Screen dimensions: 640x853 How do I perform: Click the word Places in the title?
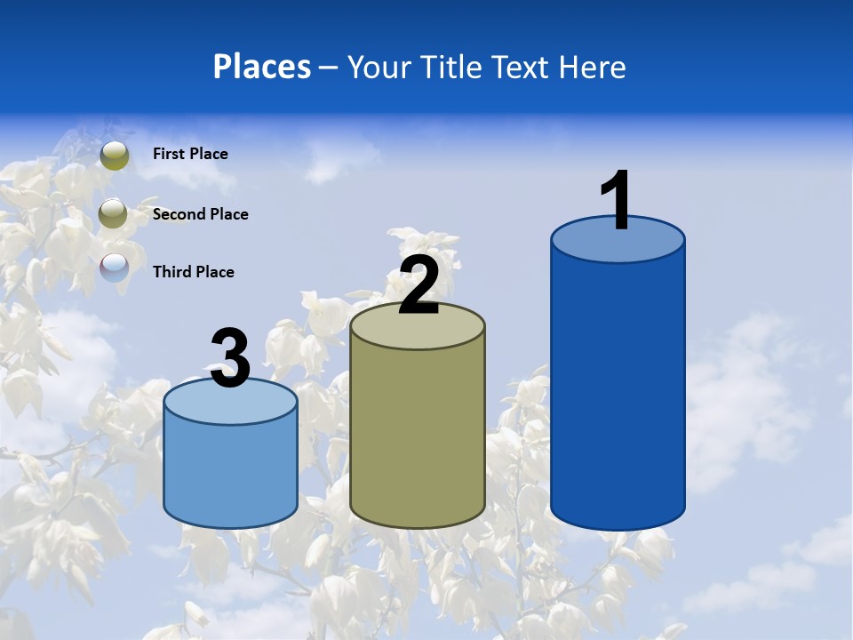click(x=262, y=67)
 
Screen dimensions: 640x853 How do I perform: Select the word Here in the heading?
click(x=594, y=68)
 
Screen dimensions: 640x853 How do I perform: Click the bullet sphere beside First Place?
click(x=115, y=156)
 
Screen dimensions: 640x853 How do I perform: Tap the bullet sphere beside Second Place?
click(x=113, y=214)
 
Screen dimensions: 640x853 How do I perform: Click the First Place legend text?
click(x=190, y=154)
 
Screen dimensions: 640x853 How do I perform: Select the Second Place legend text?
click(x=200, y=214)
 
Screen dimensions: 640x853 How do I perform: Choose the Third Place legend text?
click(x=193, y=272)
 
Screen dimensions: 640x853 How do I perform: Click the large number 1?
click(x=617, y=200)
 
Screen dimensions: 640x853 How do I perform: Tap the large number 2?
click(x=419, y=285)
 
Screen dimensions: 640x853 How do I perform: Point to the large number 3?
click(x=231, y=358)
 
